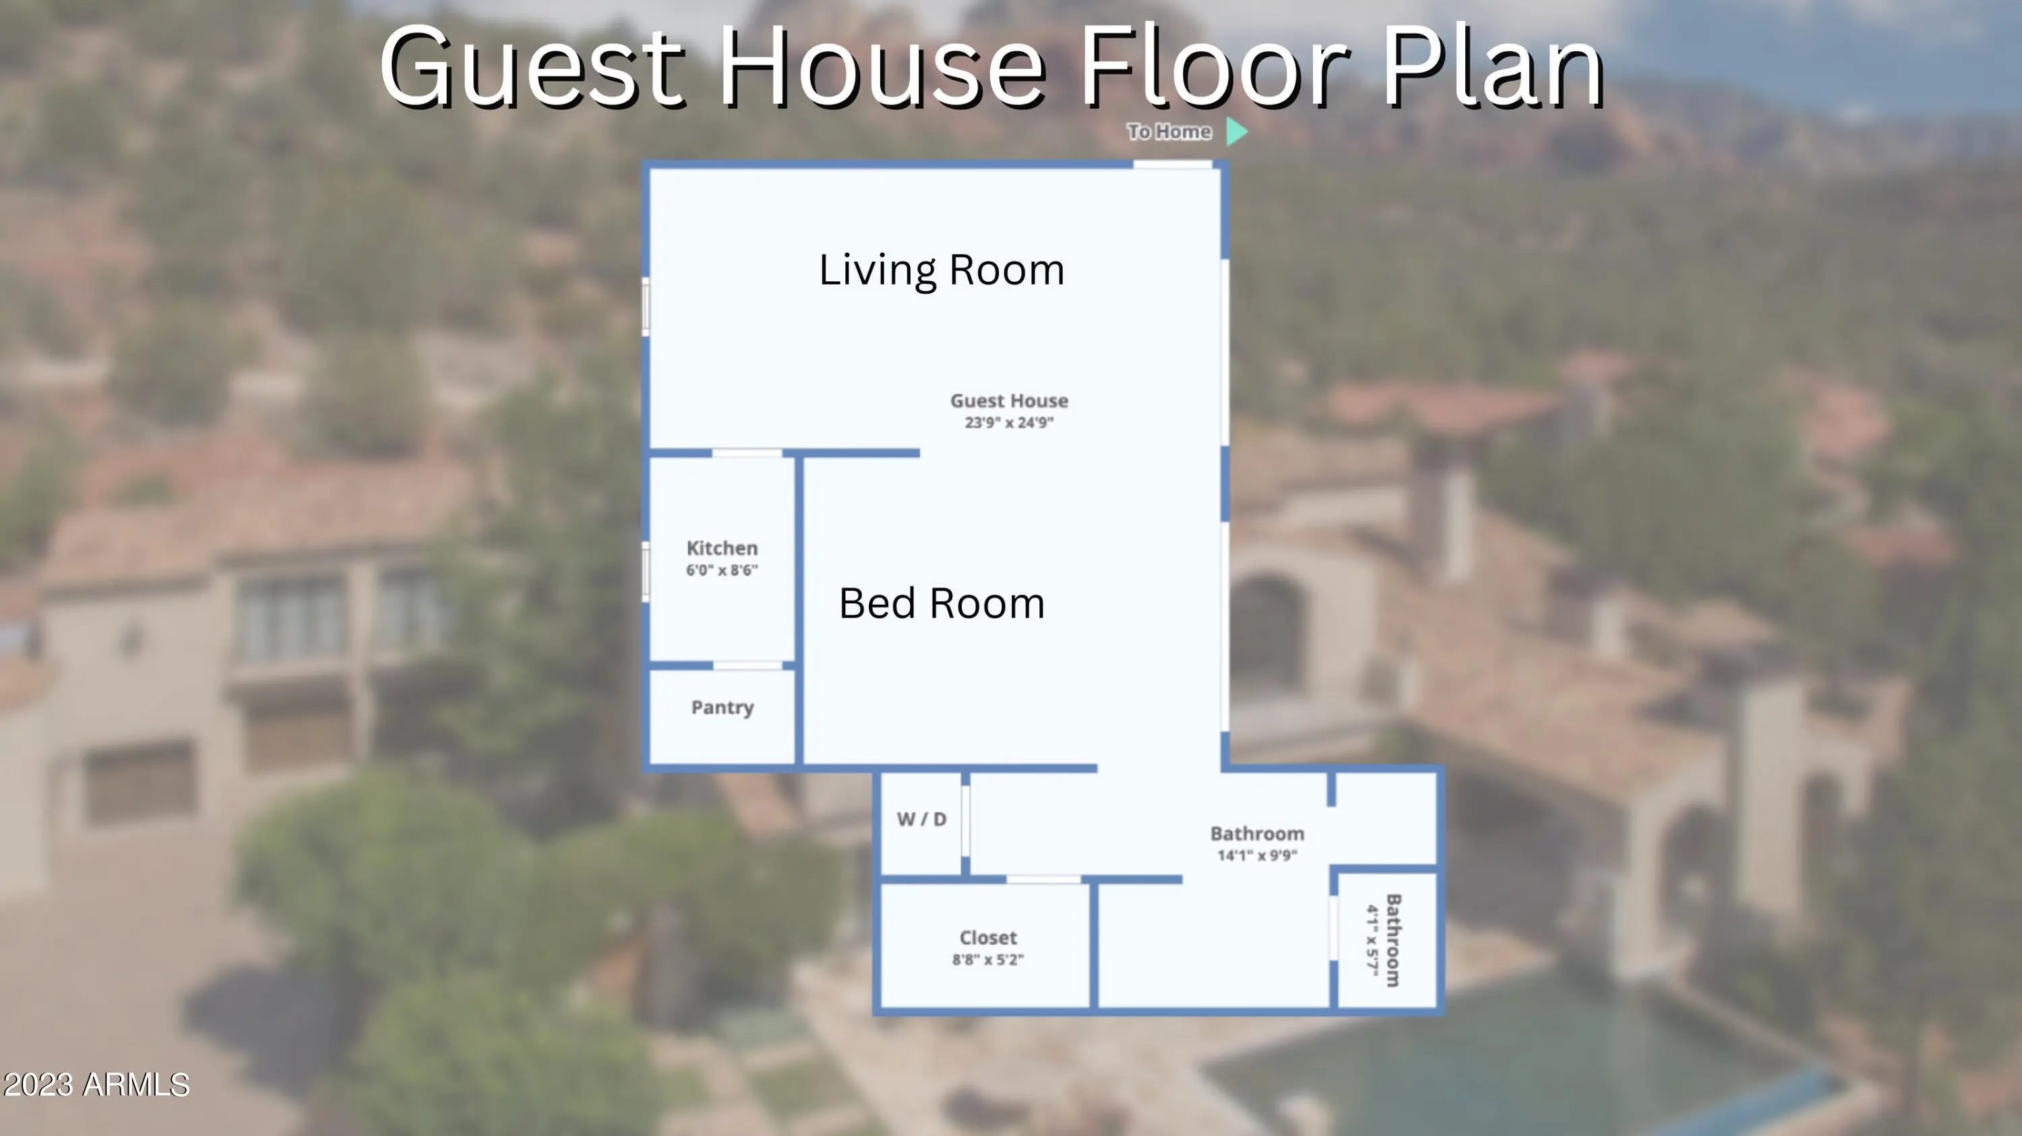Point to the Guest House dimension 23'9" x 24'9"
[1009, 422]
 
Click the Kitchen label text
[722, 548]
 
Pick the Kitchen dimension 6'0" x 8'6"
[722, 570]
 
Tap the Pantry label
[722, 708]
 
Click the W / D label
[921, 819]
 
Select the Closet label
[988, 937]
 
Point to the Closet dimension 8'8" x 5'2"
[988, 959]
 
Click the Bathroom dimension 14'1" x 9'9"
[1258, 855]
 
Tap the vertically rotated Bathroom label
[1393, 940]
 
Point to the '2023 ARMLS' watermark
[96, 1085]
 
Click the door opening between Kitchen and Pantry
[747, 665]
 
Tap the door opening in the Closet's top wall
[1043, 879]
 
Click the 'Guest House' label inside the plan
[1009, 401]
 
